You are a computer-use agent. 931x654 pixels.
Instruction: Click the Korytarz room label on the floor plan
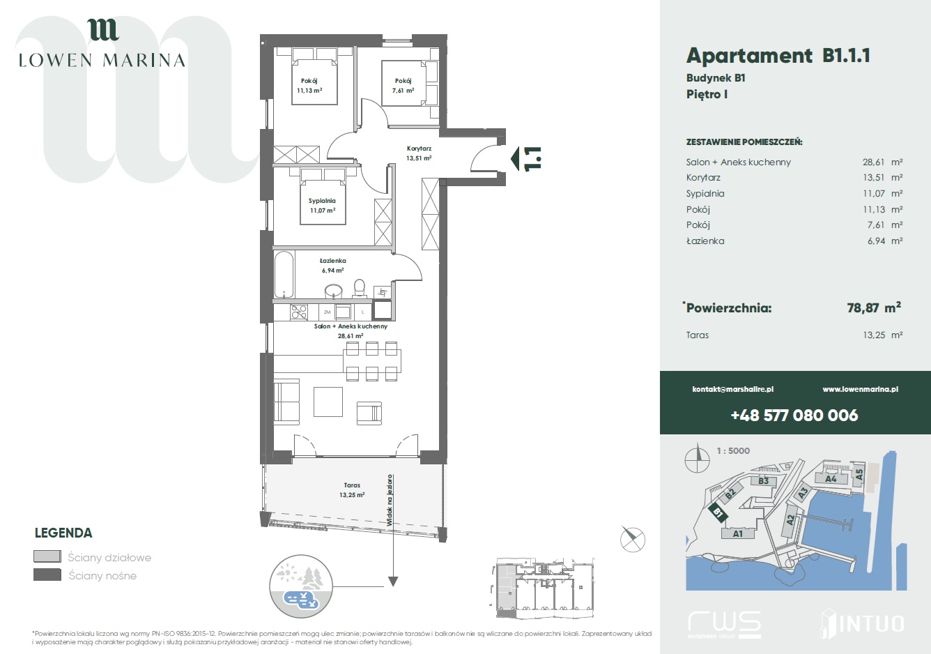[419, 149]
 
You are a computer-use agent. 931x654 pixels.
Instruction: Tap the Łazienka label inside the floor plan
[333, 261]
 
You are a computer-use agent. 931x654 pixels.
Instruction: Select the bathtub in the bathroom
[284, 275]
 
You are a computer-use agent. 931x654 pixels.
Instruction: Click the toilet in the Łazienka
[359, 288]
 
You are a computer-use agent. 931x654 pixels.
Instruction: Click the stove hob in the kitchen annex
[299, 312]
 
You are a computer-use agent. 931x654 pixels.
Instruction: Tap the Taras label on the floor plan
[352, 485]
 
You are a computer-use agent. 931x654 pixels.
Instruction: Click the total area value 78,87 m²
[874, 307]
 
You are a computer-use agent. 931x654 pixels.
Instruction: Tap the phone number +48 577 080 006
[794, 416]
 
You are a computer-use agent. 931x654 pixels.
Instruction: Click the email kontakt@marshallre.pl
[733, 390]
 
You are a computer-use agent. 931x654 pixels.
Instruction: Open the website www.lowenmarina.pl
[861, 390]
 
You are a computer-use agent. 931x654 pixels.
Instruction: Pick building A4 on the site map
[831, 478]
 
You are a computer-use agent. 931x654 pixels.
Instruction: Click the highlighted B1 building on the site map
[718, 513]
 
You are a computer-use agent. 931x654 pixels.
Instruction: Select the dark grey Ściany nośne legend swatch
[47, 575]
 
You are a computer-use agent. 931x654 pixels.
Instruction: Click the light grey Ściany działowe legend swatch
[47, 556]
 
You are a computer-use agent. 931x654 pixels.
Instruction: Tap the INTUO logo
[862, 623]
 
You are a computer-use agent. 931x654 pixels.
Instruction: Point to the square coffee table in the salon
[328, 402]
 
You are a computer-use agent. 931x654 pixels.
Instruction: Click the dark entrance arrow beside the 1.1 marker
[515, 158]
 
